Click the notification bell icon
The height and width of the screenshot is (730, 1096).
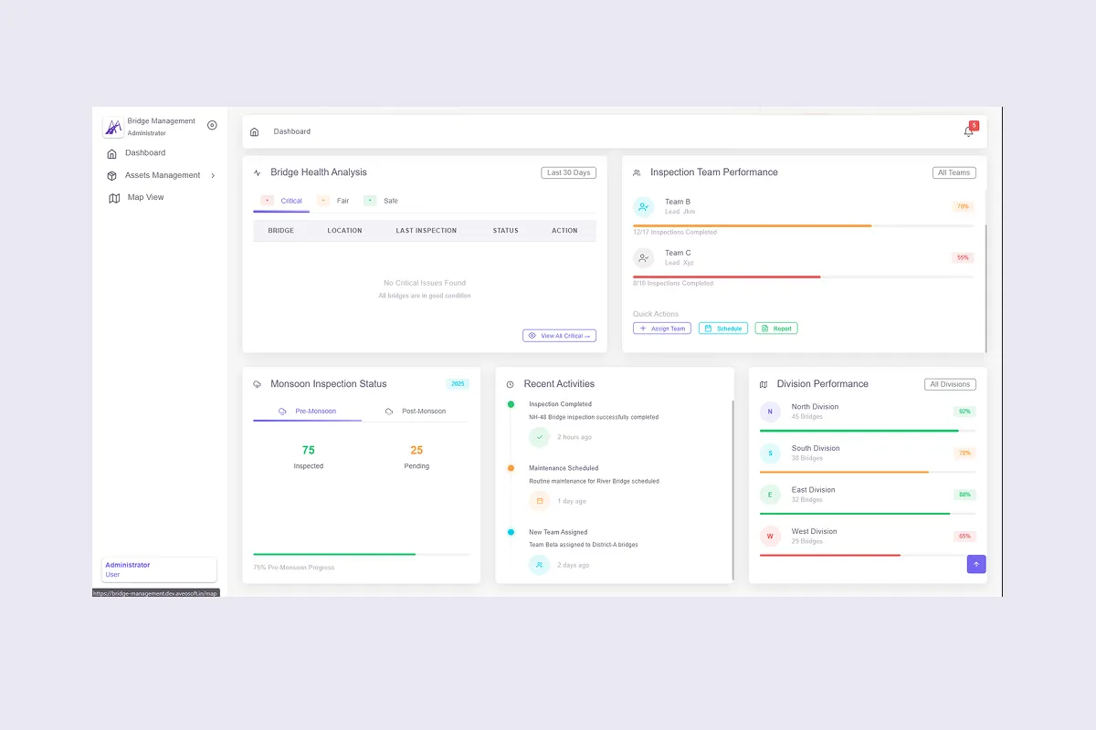pos(968,131)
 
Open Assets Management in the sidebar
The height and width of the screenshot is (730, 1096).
pos(162,175)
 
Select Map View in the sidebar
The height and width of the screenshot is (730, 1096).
pos(145,197)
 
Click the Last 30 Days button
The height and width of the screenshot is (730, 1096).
pos(568,172)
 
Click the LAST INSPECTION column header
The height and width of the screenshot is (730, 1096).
pos(427,231)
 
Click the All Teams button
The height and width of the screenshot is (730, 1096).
pos(954,172)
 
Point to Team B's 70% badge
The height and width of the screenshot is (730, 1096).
pos(963,206)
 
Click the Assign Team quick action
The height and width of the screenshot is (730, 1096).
pos(662,328)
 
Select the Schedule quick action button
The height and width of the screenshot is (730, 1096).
pos(723,328)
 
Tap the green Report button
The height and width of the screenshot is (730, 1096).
pos(776,328)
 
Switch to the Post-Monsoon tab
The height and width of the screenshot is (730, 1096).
pos(416,412)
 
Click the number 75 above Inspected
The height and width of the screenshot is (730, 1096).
pos(309,450)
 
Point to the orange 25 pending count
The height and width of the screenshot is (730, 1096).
pos(416,450)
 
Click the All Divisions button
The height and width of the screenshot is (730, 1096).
pos(950,384)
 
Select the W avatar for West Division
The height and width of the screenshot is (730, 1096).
pos(770,537)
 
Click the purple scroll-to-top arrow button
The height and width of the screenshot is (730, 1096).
pos(976,564)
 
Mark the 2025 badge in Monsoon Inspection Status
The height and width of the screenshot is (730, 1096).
pos(458,384)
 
